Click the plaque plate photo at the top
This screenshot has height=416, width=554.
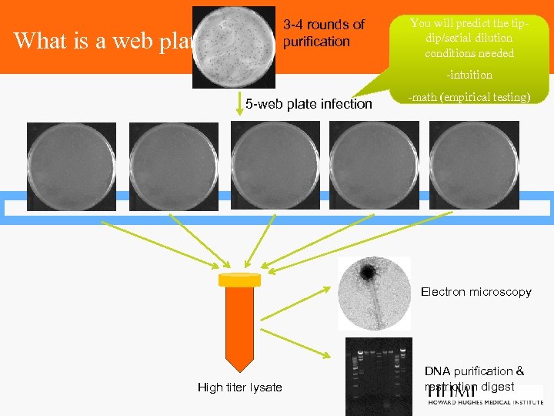click(x=235, y=47)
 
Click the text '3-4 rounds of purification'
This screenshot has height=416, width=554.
click(x=323, y=33)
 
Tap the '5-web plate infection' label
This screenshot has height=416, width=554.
click(x=308, y=104)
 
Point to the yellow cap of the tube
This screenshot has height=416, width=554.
click(x=239, y=280)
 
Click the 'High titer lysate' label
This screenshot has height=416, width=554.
click(x=239, y=387)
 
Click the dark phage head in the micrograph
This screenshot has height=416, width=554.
click(x=368, y=272)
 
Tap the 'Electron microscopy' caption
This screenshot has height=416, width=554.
click(x=476, y=292)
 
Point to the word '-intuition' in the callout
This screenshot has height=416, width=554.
click(x=470, y=75)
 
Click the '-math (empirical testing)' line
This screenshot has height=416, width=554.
click(x=469, y=97)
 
